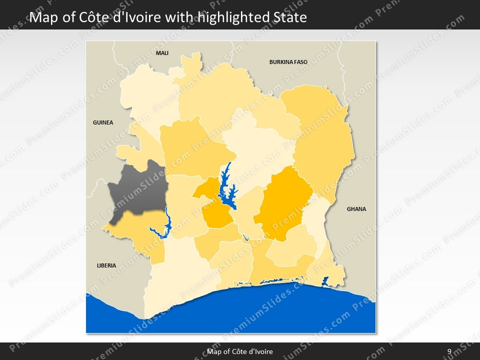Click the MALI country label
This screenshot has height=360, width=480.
(161, 53)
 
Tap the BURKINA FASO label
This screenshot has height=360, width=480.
(288, 62)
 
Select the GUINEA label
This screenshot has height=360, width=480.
(103, 122)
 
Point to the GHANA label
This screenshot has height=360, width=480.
(356, 209)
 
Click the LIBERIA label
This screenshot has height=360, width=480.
(106, 265)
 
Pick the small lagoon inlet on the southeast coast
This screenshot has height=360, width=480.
(325, 281)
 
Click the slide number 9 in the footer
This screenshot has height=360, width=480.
(449, 351)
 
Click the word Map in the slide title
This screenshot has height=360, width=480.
(41, 17)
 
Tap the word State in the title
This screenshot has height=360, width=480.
(291, 17)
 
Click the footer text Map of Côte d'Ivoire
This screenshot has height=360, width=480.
(240, 351)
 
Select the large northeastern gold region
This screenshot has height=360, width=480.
(322, 140)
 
